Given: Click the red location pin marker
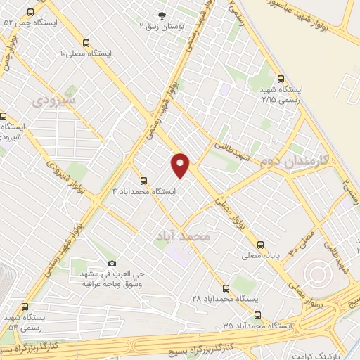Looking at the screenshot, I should tap(181, 165).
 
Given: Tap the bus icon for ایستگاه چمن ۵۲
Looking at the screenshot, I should tap(30, 13).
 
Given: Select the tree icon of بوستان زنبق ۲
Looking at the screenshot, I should tap(163, 15).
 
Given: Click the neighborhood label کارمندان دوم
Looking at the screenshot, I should tap(290, 162).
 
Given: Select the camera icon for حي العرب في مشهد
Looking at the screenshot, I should tap(112, 263).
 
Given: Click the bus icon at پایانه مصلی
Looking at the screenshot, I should tap(261, 245).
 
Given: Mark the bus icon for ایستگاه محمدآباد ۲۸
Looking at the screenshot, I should tap(226, 288).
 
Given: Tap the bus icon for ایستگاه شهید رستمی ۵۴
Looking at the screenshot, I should tap(26, 307).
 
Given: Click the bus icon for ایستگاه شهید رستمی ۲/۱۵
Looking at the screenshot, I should tap(281, 79).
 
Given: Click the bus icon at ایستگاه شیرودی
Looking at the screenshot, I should tap(4, 116).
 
